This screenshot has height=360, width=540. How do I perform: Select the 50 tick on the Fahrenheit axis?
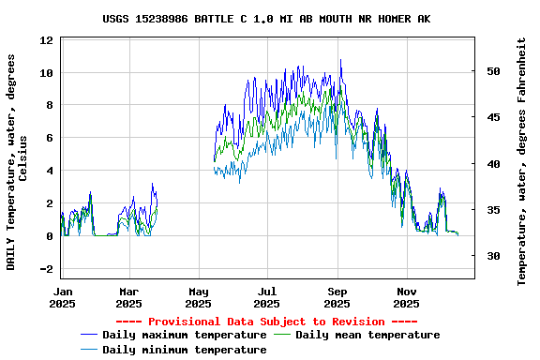493,71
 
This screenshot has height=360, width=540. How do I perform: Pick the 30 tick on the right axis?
493,256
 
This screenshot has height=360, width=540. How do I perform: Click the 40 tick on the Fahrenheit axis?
493,164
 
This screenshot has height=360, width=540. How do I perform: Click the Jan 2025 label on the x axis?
62,297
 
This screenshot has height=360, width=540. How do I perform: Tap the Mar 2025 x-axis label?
129,297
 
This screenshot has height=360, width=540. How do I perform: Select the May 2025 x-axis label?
198,297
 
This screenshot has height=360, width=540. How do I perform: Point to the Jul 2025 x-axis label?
267,297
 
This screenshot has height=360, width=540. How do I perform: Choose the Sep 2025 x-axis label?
337,297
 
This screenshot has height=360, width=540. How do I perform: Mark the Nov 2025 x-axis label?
406,297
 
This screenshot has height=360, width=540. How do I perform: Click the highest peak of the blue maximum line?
340,60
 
